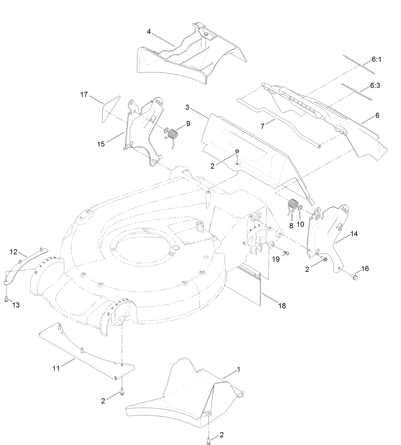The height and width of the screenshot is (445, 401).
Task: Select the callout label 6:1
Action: pyautogui.click(x=376, y=60)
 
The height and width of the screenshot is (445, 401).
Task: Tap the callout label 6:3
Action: pyautogui.click(x=375, y=85)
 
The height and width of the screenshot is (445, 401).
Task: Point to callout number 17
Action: pyautogui.click(x=84, y=94)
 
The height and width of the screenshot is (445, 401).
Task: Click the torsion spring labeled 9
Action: pyautogui.click(x=172, y=135)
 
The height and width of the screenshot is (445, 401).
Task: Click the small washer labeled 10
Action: pyautogui.click(x=301, y=208)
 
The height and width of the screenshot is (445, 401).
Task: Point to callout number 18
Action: pyautogui.click(x=282, y=306)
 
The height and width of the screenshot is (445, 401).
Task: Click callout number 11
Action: pyautogui.click(x=56, y=368)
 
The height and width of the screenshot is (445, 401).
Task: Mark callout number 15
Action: pyautogui.click(x=101, y=144)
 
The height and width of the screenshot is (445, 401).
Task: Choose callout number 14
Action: pyautogui.click(x=354, y=234)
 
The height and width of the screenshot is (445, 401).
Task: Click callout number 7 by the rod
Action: pyautogui.click(x=262, y=126)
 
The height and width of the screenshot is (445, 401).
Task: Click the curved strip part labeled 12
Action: pyautogui.click(x=26, y=263)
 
